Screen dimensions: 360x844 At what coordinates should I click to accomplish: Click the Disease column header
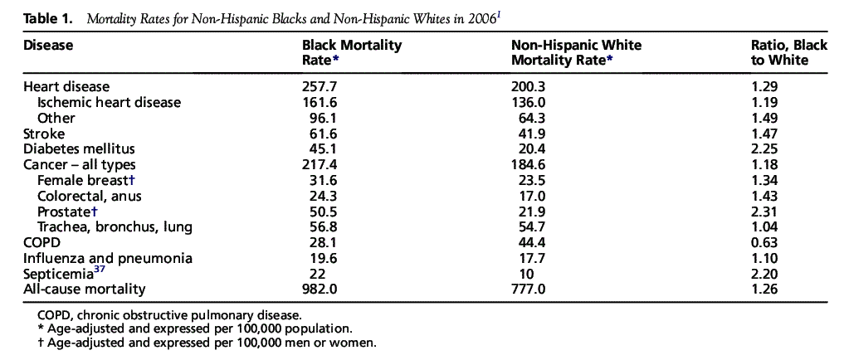(48, 46)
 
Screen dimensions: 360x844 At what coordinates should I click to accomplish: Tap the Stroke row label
(44, 134)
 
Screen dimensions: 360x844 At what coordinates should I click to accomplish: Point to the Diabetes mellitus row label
(79, 149)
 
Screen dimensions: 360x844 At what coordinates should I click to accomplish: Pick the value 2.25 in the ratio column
(763, 149)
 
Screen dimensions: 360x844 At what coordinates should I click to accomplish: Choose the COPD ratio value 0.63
(763, 243)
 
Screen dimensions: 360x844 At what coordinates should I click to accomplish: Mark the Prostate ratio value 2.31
(763, 212)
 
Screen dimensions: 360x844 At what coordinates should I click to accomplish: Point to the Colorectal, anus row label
(90, 196)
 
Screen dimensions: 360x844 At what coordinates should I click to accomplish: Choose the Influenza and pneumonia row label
(108, 258)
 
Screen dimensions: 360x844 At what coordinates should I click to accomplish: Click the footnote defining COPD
(169, 315)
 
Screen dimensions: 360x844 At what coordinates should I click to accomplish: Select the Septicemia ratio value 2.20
(763, 274)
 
